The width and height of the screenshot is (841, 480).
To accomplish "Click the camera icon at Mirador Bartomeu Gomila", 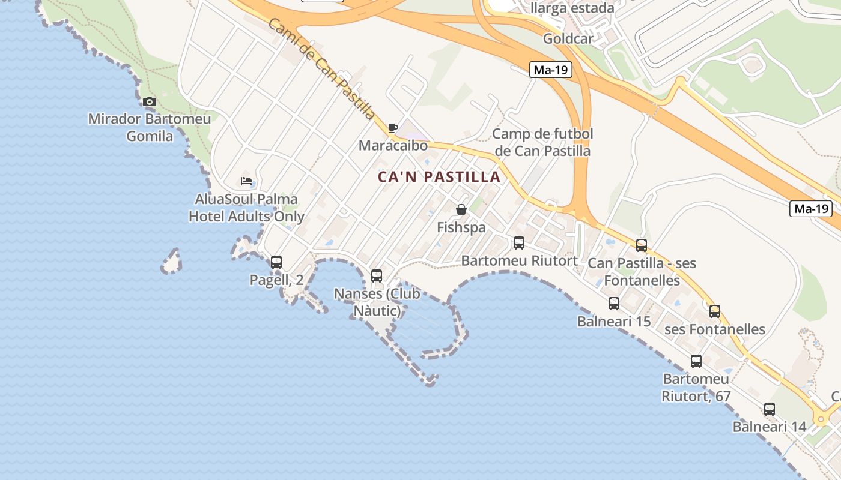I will [x=150, y=101].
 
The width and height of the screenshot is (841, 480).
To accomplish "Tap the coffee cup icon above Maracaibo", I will [x=392, y=128].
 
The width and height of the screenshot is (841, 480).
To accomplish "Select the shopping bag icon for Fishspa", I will [x=461, y=209].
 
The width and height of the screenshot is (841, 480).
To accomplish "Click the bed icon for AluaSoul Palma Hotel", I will [x=246, y=181].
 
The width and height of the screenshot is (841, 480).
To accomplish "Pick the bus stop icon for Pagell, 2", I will [x=276, y=262].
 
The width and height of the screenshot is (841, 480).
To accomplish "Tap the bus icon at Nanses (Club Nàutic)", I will [x=377, y=276].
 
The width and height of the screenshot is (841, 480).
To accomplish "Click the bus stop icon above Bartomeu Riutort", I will [x=519, y=243].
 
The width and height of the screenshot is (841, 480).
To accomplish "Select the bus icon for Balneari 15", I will [x=614, y=304].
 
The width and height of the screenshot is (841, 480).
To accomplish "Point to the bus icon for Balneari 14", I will [x=770, y=409].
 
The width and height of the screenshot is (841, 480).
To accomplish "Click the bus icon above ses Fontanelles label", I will [x=715, y=311].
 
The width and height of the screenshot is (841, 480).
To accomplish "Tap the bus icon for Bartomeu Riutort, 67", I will [x=696, y=361].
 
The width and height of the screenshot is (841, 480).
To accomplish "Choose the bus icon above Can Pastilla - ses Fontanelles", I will [x=642, y=245].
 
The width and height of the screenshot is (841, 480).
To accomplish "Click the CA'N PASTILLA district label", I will [x=439, y=177].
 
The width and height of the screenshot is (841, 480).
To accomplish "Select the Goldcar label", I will [x=568, y=39].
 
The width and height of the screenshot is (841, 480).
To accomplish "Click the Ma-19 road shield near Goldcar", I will [x=551, y=70].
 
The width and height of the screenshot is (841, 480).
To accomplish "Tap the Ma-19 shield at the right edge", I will [x=812, y=209].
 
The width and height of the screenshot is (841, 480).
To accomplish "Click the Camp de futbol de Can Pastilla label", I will [x=542, y=142].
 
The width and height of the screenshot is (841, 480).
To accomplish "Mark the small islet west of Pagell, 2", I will [x=172, y=262].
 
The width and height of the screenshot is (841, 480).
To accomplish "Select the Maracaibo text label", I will [x=393, y=146].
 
